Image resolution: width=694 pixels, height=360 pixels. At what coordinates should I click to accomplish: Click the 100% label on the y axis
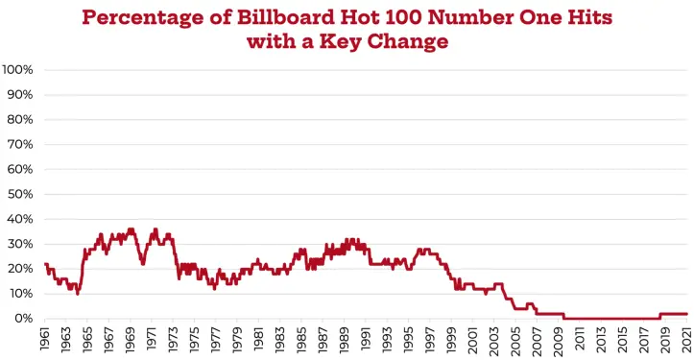coord(17,70)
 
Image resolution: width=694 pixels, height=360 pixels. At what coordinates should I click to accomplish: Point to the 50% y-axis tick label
coord(20,194)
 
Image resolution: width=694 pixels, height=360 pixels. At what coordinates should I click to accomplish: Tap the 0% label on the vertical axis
coord(23,319)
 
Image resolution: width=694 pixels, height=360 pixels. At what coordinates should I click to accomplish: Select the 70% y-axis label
coord(20,144)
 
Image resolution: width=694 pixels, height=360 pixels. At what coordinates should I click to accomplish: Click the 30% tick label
coord(20,244)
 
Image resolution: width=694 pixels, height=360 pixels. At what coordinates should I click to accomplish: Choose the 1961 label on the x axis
coord(45,339)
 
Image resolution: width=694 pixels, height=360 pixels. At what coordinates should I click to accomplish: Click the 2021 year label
coord(687,339)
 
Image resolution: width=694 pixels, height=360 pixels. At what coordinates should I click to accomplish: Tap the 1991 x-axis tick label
coord(366,339)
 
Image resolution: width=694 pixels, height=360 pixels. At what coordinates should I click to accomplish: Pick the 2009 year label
coord(559,340)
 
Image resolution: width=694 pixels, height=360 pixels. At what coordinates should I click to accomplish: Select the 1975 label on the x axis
coord(194,340)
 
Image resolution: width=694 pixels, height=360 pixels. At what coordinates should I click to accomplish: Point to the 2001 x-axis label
coord(472,340)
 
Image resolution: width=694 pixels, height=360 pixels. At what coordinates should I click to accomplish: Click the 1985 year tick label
coord(301,340)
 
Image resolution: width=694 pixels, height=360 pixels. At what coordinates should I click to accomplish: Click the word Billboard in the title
coord(285,17)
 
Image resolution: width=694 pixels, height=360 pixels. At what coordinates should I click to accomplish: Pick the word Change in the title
coord(408,42)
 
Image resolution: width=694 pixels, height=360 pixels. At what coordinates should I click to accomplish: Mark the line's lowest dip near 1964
coord(78,293)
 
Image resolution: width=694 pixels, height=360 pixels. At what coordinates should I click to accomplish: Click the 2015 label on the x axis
coord(623,340)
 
